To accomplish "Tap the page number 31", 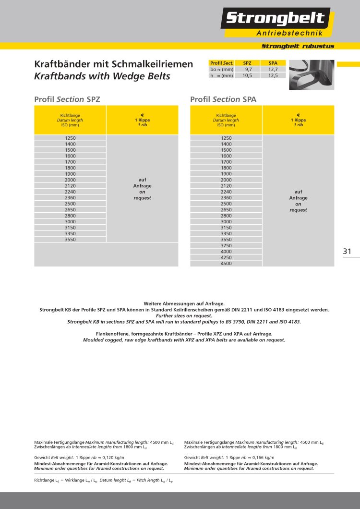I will point(348,251).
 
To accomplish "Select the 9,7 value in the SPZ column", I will point(248,70).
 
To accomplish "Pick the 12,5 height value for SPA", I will point(273,75).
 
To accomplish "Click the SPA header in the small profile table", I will point(273,63).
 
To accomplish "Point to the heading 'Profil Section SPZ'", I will point(67,99).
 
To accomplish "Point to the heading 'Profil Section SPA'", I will point(223,99).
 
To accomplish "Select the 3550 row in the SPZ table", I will point(70,239).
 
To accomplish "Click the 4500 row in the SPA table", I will point(226,263).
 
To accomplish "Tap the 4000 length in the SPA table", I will point(226,252).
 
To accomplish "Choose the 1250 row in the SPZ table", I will point(70,138).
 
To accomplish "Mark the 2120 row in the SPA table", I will point(226,186).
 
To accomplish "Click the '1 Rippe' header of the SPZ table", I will point(142,120).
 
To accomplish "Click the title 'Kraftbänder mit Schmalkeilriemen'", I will point(114,64).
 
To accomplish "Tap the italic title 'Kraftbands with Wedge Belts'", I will point(102,76).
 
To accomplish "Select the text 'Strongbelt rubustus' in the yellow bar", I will point(298,46).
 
